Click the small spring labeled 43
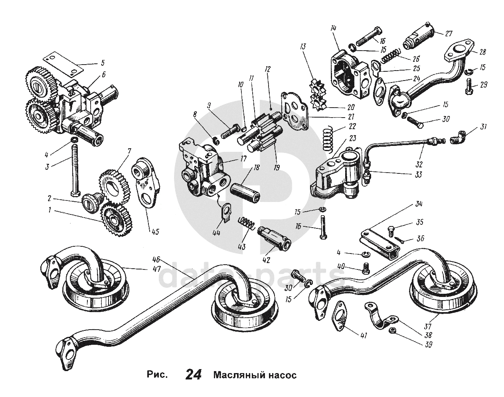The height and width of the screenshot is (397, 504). point(247,223)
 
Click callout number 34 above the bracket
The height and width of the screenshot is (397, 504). point(418,204)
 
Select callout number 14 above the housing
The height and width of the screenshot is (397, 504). point(333,28)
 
